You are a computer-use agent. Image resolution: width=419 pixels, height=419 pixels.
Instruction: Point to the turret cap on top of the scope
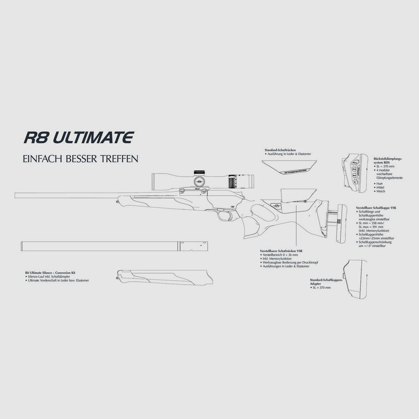[x=199, y=172]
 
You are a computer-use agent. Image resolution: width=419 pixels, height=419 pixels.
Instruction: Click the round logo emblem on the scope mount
[x=199, y=182]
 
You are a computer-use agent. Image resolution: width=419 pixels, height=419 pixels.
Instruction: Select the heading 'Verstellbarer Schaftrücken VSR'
[x=281, y=251]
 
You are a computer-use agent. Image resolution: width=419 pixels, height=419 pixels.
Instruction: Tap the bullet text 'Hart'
[x=379, y=184]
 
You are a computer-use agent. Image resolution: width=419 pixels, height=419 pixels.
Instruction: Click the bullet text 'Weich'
[x=380, y=191]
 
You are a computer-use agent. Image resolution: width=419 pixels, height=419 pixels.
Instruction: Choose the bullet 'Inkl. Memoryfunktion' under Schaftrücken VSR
[x=278, y=259]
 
